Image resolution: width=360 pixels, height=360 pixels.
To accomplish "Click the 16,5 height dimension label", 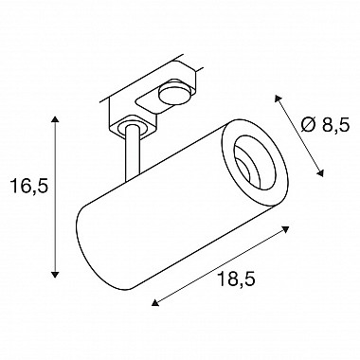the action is point(29,186).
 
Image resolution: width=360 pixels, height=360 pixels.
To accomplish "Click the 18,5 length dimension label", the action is point(236,279).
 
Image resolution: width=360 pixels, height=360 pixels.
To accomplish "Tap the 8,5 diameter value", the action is point(336,125).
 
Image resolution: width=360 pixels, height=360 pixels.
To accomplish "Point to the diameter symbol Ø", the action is point(308,125).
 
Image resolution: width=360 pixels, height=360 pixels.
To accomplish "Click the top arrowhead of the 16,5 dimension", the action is point(55,119).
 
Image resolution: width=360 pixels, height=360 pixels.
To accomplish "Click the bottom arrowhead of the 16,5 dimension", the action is point(55,275).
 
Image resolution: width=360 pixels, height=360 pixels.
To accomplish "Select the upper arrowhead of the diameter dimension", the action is point(278,99).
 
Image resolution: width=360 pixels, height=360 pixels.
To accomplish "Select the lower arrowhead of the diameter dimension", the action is point(320,173).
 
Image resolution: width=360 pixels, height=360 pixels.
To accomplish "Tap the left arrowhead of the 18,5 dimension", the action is point(154,303).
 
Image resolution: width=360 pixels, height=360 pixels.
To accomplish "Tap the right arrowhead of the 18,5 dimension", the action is point(286,229).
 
